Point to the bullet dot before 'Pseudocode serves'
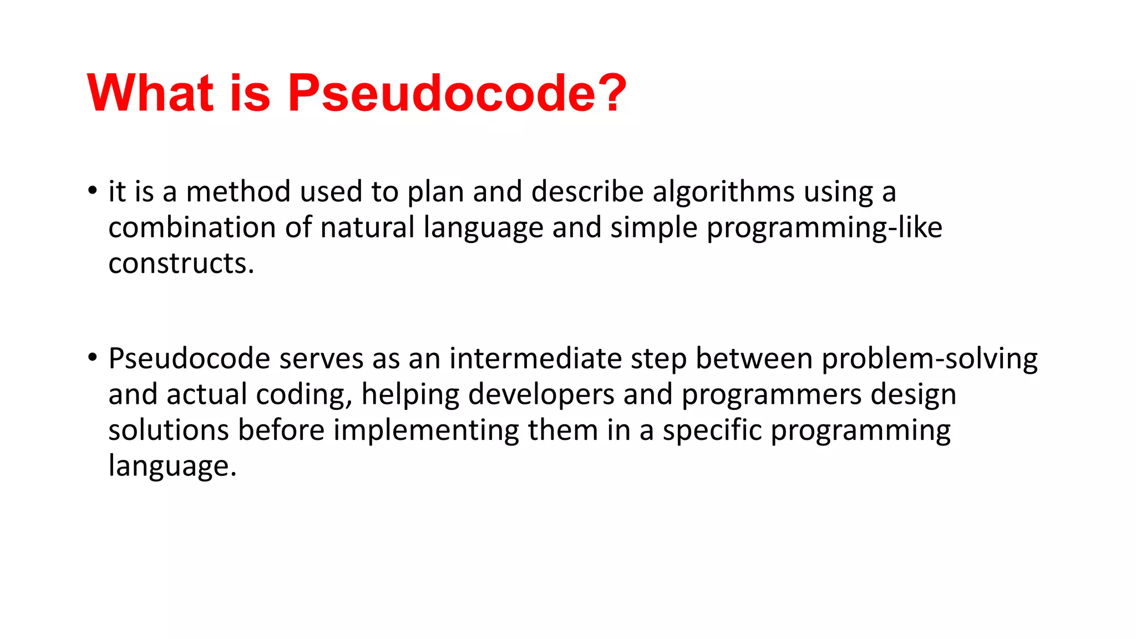[92, 358]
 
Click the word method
[238, 191]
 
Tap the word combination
[192, 227]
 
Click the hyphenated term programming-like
[824, 229]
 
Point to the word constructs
[181, 263]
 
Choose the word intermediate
[535, 358]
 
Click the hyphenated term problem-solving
[929, 359]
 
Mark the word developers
[541, 395]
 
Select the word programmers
[772, 395]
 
